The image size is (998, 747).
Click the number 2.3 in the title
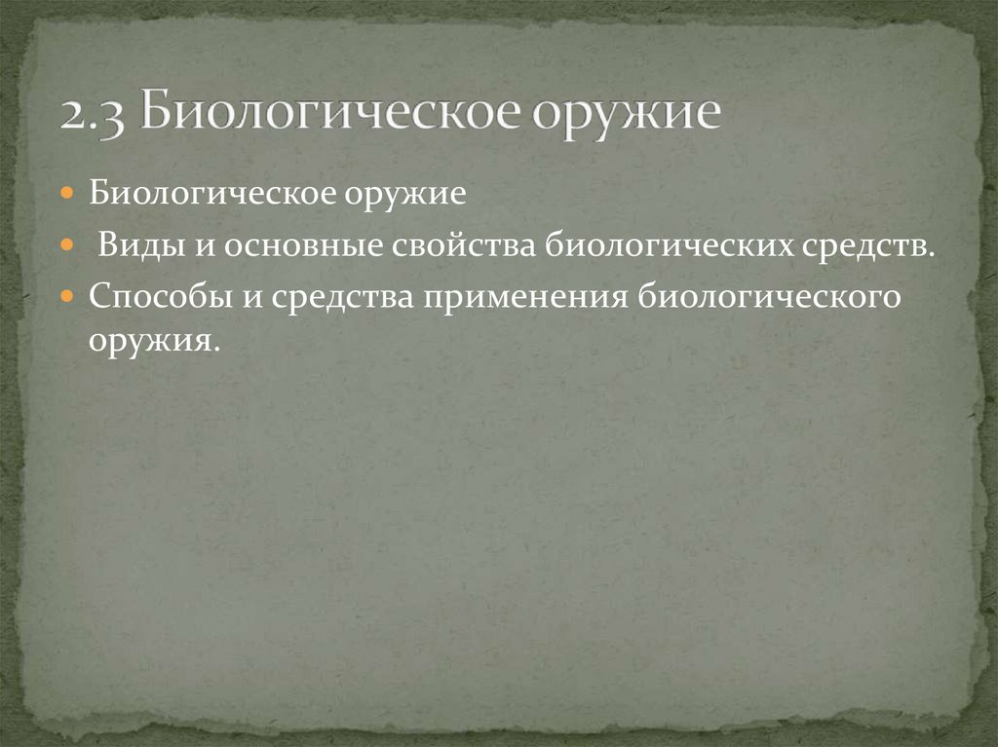tap(93, 114)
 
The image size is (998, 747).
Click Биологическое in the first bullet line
tap(212, 192)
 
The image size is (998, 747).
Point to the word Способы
tap(157, 295)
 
